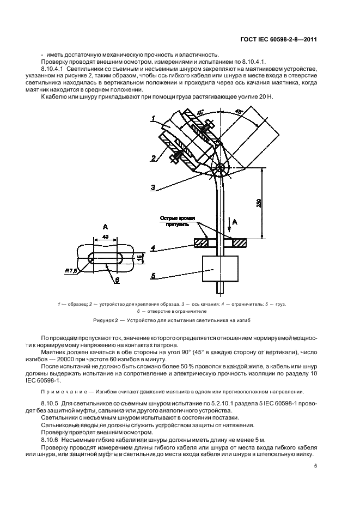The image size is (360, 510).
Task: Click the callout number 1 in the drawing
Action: pos(154,119)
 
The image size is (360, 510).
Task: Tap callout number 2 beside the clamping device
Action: pos(154,157)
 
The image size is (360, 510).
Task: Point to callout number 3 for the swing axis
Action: pos(154,189)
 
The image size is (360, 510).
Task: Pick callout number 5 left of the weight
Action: pos(154,276)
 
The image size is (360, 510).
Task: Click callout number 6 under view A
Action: pos(116,281)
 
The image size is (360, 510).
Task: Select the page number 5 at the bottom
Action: pos(316,466)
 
